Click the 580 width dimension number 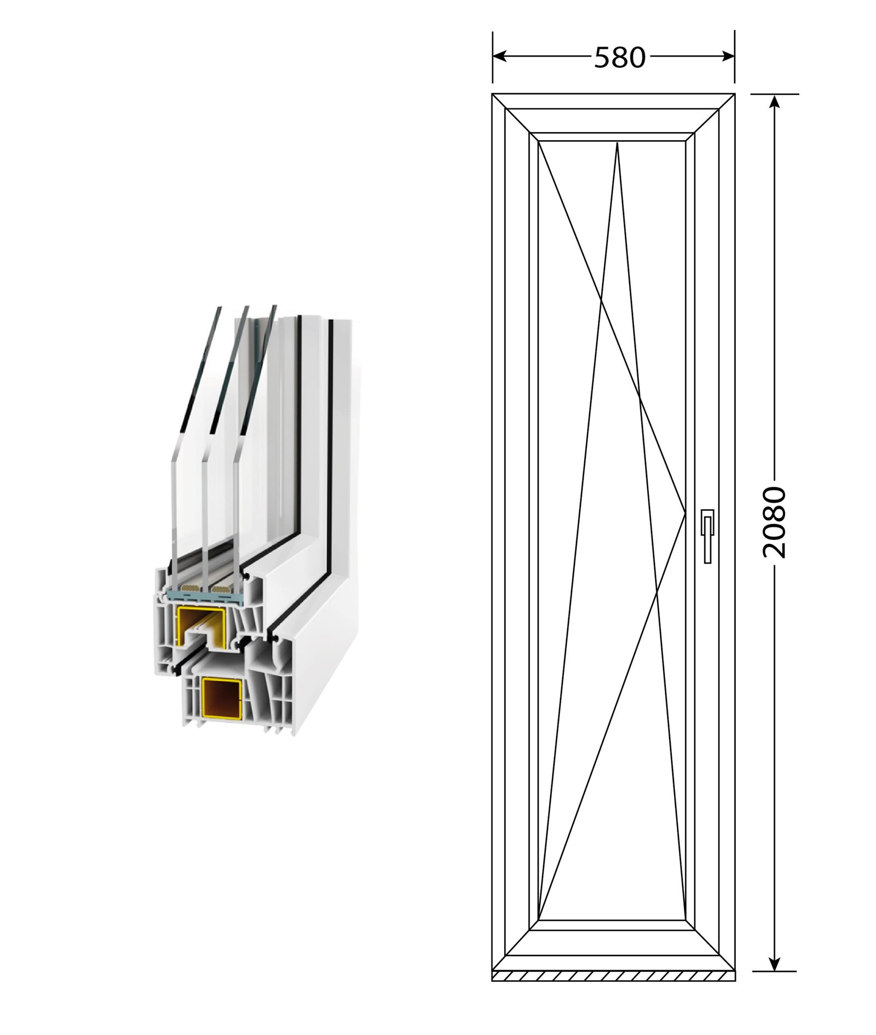[x=620, y=57]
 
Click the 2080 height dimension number [x=774, y=522]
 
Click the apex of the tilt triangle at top [x=617, y=143]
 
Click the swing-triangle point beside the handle [x=685, y=514]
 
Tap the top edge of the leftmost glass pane [x=218, y=308]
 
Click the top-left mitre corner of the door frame [x=494, y=95]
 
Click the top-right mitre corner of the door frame [x=734, y=95]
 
